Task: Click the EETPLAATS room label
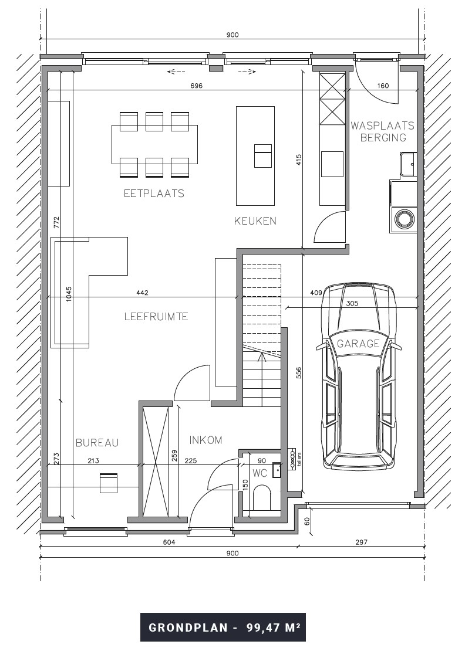(x=154, y=193)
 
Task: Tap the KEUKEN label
(x=255, y=221)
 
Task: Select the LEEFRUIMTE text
(x=156, y=317)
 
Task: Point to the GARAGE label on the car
(x=358, y=344)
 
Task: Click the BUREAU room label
(x=97, y=443)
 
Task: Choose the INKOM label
(x=206, y=440)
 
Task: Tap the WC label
(x=260, y=473)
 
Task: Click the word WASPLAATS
(x=382, y=126)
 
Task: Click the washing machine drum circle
(x=405, y=220)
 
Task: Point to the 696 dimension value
(x=196, y=86)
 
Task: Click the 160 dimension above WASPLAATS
(x=383, y=86)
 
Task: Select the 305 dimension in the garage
(x=352, y=303)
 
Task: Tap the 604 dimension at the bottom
(x=169, y=542)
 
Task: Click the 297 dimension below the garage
(x=360, y=542)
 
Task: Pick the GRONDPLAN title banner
(x=224, y=627)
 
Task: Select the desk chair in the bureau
(x=109, y=483)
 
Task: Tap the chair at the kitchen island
(x=262, y=156)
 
